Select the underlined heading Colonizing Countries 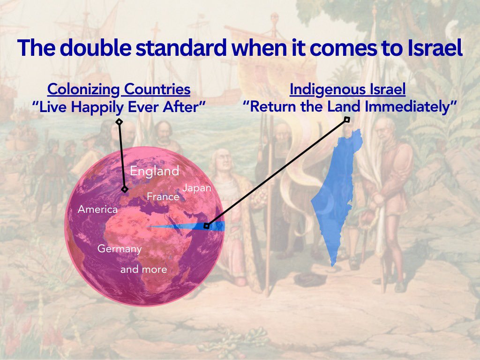119,89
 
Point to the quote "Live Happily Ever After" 119,106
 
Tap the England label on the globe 155,171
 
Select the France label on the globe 163,196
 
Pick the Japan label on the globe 197,188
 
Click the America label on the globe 97,210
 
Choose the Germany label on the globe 120,249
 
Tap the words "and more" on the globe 143,270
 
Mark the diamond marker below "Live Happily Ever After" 119,122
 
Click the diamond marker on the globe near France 124,189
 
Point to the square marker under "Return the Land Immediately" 347,120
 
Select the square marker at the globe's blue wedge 206,226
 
